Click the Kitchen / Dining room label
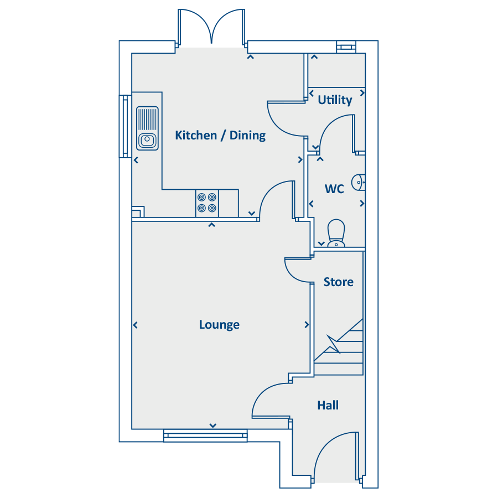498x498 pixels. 220,136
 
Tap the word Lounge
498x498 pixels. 219,325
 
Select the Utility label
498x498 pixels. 335,100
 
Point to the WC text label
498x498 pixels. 334,189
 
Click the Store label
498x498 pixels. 338,282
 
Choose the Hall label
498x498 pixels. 328,405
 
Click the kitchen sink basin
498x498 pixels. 147,140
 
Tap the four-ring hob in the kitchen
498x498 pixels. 207,203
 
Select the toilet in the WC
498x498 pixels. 336,233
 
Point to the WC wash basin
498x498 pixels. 358,182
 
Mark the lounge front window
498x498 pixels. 205,435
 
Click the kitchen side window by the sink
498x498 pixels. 125,126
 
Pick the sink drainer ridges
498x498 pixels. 147,120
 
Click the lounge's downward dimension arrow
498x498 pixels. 213,426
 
